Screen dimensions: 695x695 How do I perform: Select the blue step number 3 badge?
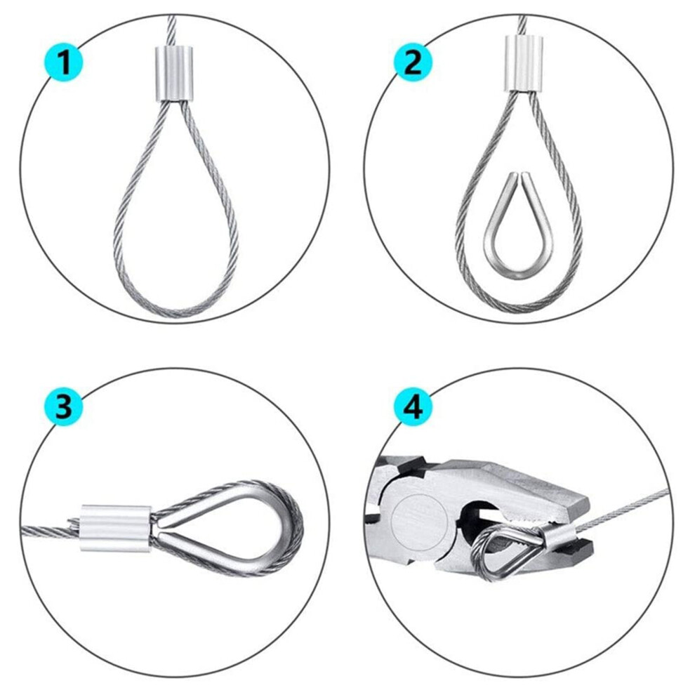pos(64,406)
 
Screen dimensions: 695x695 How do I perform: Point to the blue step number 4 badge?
pos(413,406)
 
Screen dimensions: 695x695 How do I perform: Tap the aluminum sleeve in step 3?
pos(116,528)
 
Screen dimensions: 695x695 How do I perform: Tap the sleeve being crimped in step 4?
pos(555,534)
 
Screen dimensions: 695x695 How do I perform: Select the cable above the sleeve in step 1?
pos(172,30)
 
